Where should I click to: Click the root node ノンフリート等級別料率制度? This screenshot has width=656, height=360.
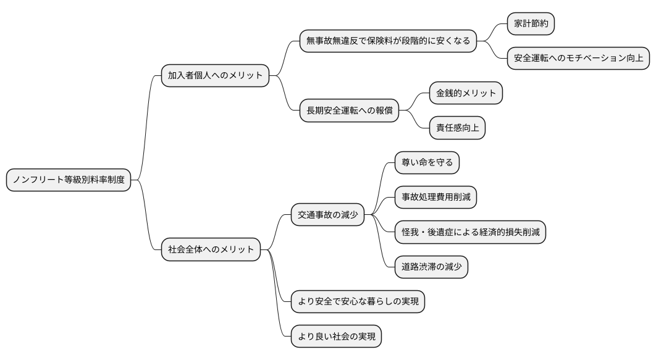(x=69, y=180)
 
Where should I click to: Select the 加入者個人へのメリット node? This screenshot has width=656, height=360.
(x=215, y=76)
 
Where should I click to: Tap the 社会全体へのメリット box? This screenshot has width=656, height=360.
(x=211, y=250)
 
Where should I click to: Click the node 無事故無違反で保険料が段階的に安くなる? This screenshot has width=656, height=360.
(x=388, y=41)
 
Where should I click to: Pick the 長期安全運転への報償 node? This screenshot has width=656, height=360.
(x=349, y=111)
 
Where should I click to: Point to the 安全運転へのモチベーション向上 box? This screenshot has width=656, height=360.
(x=578, y=59)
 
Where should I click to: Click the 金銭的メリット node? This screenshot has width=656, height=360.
(x=466, y=93)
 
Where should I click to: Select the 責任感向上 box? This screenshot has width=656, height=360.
(x=457, y=128)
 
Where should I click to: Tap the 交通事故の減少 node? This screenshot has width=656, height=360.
(x=327, y=215)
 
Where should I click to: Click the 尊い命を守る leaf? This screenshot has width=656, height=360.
(x=427, y=163)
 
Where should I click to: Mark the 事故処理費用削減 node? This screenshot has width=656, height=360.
(x=435, y=198)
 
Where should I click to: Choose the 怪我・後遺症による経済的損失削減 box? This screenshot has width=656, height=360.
(x=470, y=232)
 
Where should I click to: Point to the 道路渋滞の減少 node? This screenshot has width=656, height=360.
(x=431, y=267)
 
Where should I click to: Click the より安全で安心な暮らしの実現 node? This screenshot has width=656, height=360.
(x=358, y=302)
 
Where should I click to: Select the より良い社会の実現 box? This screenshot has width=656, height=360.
(x=336, y=337)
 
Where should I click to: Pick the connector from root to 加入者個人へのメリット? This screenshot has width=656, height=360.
(x=146, y=127)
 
